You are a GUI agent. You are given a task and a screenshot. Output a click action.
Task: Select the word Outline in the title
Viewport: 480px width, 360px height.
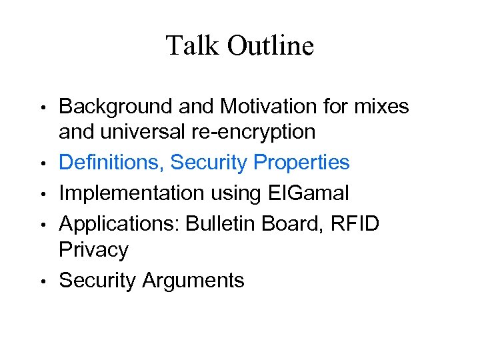click(x=271, y=46)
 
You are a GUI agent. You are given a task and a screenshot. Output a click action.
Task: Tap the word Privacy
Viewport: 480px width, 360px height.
click(x=93, y=251)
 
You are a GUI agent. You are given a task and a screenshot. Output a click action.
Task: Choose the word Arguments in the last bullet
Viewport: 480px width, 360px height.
click(x=194, y=281)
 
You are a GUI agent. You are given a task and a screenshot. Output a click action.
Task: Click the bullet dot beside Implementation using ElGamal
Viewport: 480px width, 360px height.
click(x=43, y=194)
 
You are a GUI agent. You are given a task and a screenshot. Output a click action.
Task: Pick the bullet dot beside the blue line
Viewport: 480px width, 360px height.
click(x=43, y=163)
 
